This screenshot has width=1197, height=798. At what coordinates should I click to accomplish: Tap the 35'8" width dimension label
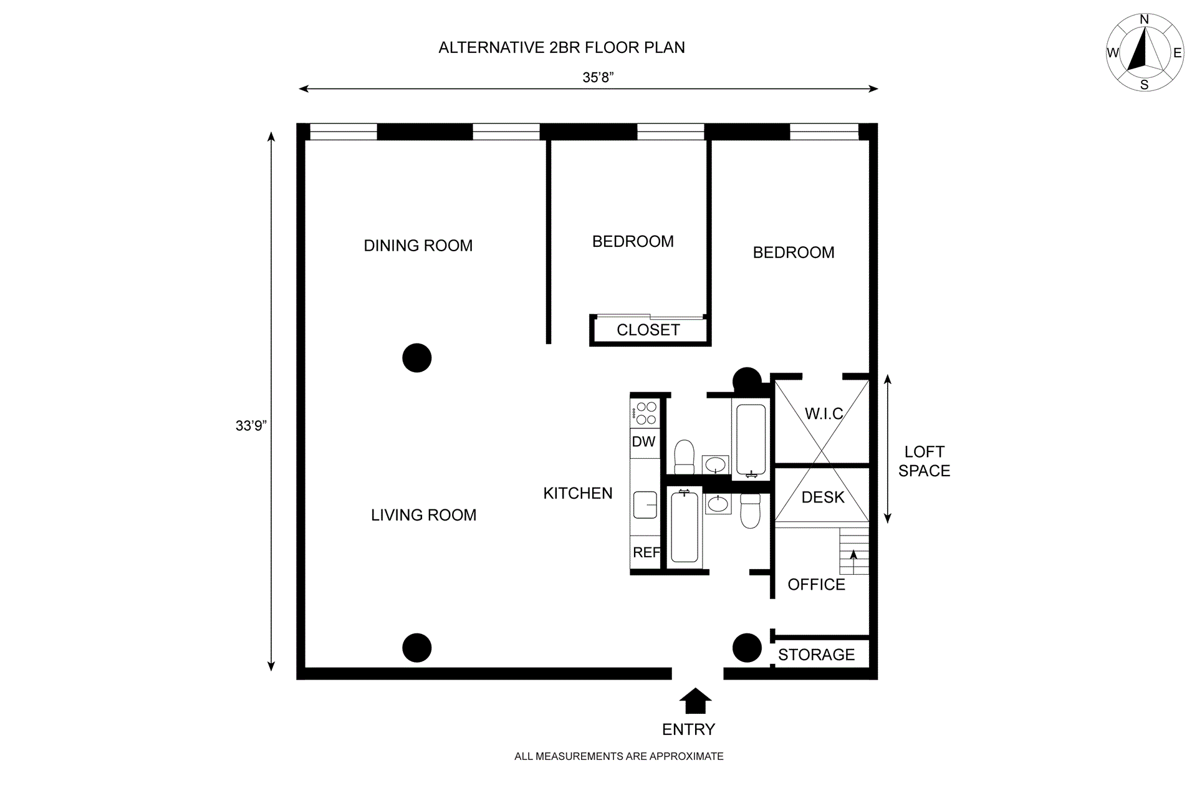point(598,77)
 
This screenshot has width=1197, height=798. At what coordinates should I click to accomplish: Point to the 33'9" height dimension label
point(251,426)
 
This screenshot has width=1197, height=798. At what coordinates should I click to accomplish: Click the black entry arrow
point(695,701)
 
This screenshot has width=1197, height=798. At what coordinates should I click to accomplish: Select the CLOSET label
point(648,330)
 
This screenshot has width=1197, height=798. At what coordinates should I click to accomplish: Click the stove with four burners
point(645,413)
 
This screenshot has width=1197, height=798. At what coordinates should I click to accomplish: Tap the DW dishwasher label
point(643,442)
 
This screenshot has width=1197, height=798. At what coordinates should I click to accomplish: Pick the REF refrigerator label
point(646,552)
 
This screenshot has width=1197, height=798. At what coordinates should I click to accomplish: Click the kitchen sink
point(645,504)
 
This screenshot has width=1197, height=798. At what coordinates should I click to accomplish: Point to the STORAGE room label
point(816,655)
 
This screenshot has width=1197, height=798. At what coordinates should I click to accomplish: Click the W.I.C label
point(824,414)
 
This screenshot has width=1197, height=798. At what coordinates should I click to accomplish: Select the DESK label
point(823,498)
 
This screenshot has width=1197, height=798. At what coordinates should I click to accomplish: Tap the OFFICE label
point(816,585)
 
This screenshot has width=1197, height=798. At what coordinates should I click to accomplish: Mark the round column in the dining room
point(417,358)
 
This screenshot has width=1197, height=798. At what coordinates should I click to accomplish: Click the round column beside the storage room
point(746,648)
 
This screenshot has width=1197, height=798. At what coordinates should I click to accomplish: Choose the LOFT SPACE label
point(924,461)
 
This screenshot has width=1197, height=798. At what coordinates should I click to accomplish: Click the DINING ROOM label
point(418,246)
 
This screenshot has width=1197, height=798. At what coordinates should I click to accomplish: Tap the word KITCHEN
point(577,494)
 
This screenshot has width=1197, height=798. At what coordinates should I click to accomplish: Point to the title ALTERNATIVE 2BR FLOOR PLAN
point(561,48)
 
